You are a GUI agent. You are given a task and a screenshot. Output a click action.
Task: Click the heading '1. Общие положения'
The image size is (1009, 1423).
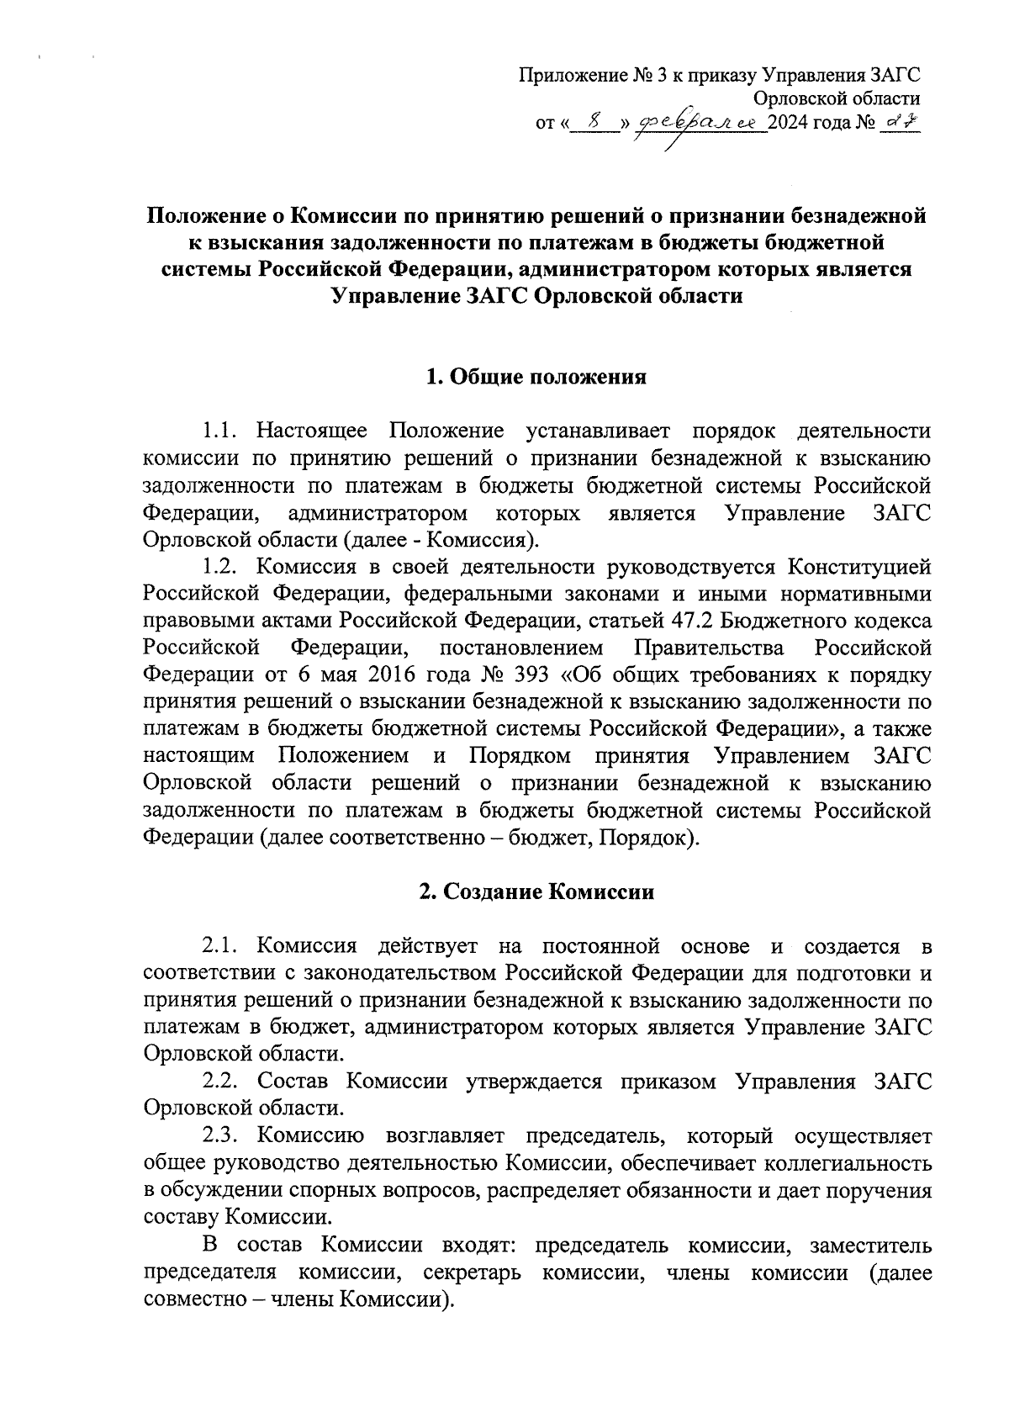pyautogui.click(x=536, y=377)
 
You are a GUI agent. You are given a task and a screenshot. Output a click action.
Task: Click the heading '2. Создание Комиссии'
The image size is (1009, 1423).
pyautogui.click(x=536, y=891)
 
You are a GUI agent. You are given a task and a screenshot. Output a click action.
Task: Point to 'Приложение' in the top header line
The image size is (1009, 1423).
pyautogui.click(x=571, y=77)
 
